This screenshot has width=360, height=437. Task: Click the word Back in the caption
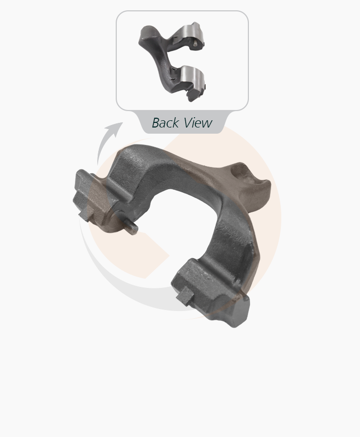click(x=165, y=123)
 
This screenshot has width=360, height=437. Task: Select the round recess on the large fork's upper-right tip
click(x=242, y=174)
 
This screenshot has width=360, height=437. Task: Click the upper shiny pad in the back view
click(x=191, y=34)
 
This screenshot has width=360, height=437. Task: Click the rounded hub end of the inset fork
click(x=148, y=34)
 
